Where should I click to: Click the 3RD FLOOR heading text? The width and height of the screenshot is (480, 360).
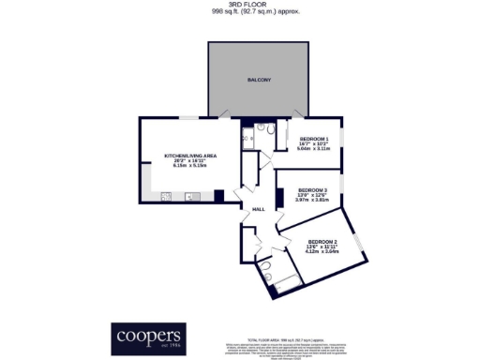coord(239,6)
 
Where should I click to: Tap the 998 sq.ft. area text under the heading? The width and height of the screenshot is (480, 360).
coord(239,13)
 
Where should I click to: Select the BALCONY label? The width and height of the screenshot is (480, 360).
coord(260,81)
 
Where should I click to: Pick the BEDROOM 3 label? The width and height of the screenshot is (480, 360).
coord(313,188)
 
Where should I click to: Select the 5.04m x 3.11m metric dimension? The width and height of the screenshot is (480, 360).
coord(314,148)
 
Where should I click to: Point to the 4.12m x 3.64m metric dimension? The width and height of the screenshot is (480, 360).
coord(322,251)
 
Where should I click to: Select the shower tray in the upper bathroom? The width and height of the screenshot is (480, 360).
coord(248,139)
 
